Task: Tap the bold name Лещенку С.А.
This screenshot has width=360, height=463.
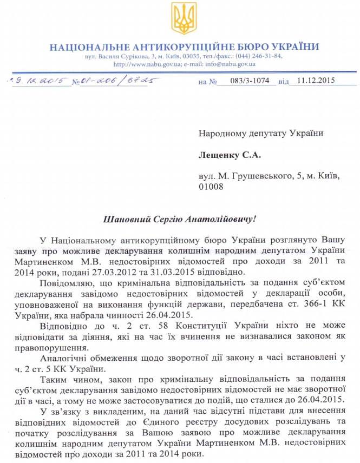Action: (230, 156)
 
